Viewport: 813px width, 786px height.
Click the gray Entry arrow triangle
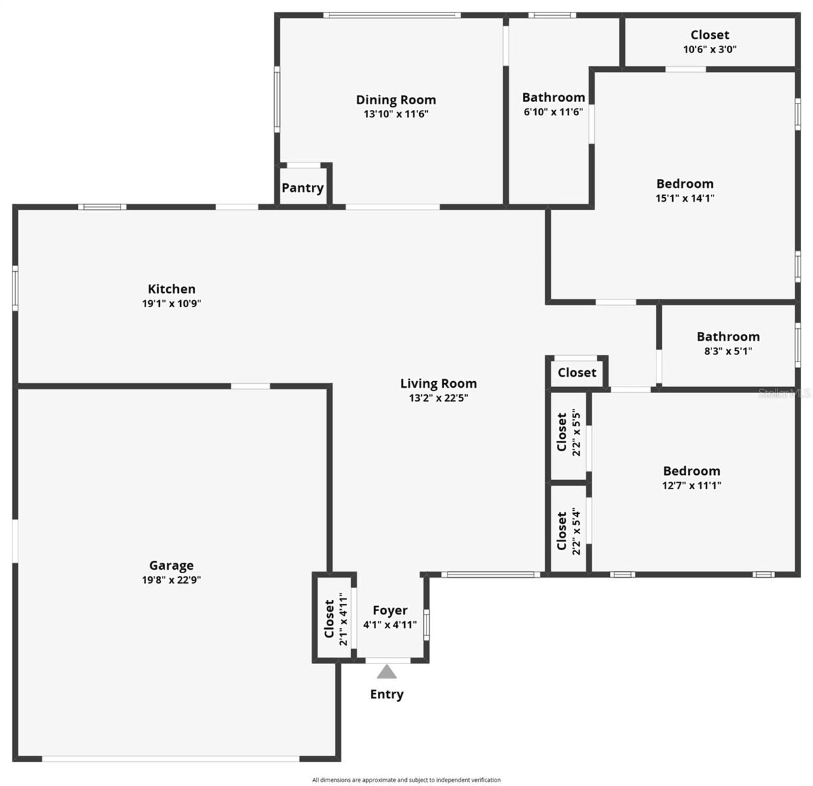click(387, 671)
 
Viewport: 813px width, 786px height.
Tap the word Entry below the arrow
click(387, 694)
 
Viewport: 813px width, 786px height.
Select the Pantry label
click(303, 188)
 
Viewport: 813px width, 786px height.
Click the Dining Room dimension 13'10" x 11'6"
click(396, 113)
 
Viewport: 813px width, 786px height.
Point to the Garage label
click(171, 565)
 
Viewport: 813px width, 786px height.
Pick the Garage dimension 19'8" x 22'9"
click(171, 580)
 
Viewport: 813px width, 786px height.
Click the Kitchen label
click(171, 289)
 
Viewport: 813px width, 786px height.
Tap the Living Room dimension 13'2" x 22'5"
click(438, 398)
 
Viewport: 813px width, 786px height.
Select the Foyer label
click(390, 610)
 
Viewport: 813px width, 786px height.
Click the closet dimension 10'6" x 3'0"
click(709, 49)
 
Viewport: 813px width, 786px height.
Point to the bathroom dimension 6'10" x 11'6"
click(553, 112)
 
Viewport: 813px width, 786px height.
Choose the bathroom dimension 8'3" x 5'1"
click(728, 351)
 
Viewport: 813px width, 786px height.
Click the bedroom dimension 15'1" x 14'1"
click(685, 198)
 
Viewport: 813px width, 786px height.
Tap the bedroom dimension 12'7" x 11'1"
click(691, 485)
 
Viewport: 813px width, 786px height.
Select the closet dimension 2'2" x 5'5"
click(576, 432)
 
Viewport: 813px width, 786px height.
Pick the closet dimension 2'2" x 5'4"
click(576, 531)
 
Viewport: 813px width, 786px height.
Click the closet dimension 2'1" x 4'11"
click(343, 619)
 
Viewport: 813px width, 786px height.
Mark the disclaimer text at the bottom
click(406, 779)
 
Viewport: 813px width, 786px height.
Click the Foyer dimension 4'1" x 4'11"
click(390, 625)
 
